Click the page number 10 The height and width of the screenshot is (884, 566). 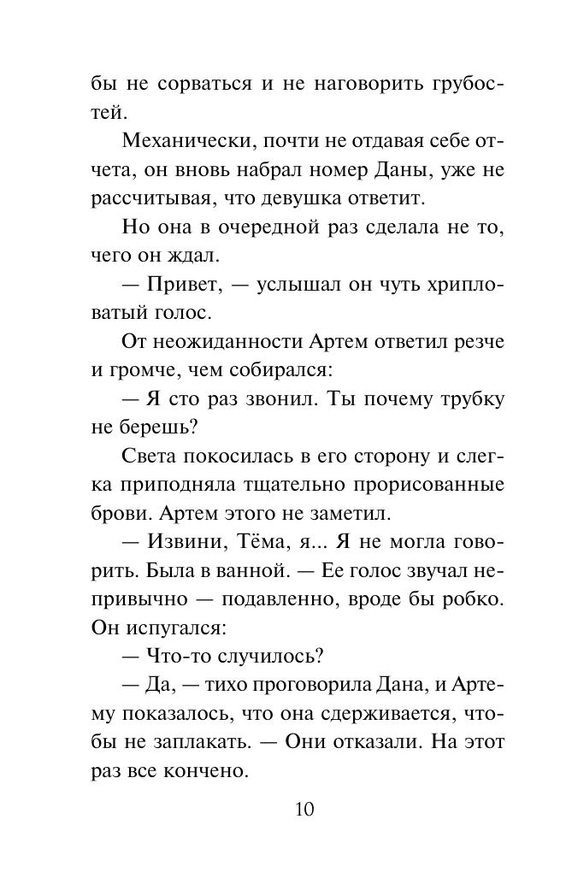[x=304, y=809]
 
